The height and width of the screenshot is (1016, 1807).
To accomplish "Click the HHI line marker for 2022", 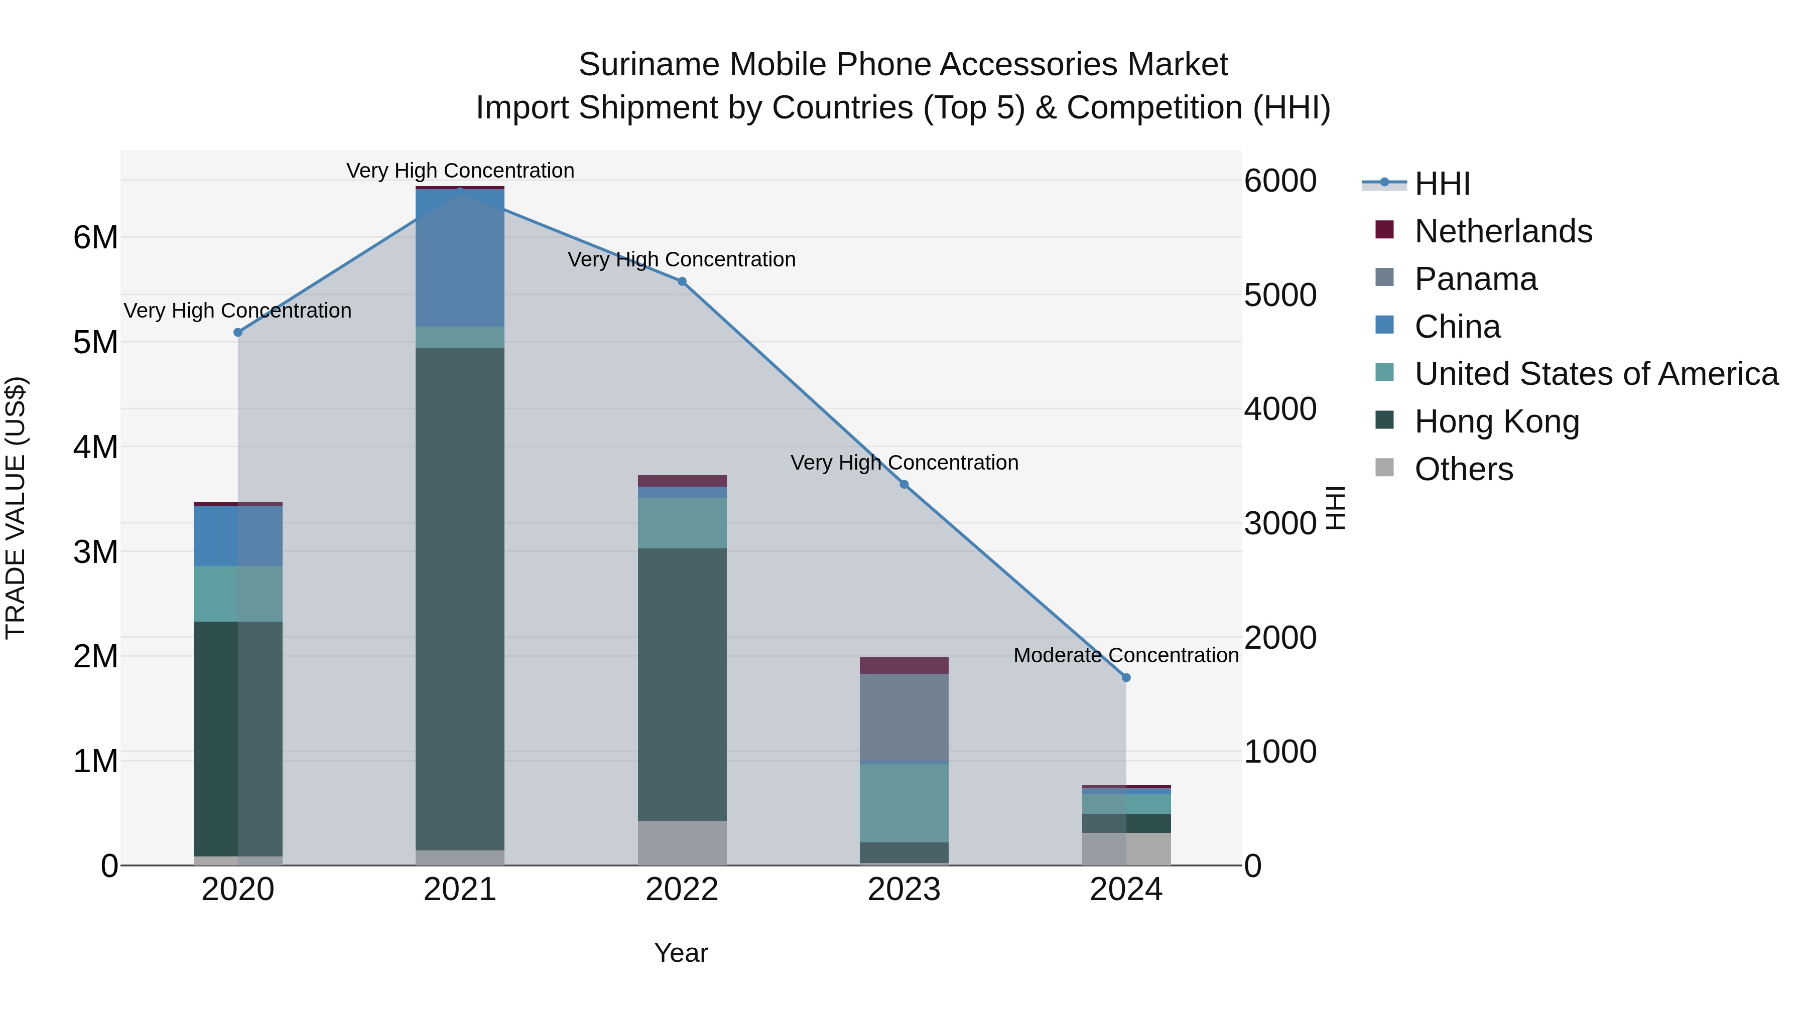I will click(682, 281).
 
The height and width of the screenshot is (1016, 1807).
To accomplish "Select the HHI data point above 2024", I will click(1126, 677).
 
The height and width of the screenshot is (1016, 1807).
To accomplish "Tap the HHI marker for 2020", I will click(238, 332).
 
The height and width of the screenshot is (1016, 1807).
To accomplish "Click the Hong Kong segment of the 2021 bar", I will click(459, 596).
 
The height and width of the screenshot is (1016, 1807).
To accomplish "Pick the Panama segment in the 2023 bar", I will click(903, 716).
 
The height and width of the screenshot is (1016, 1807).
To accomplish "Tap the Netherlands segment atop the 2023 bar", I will click(903, 665).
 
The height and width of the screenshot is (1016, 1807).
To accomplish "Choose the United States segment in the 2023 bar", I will click(903, 802).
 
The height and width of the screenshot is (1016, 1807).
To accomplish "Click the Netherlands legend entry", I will click(1502, 231).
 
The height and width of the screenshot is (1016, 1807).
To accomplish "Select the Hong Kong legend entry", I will click(1496, 421).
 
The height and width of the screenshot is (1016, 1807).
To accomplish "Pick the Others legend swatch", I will click(1384, 467).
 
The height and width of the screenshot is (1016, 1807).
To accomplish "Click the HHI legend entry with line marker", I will click(1442, 184).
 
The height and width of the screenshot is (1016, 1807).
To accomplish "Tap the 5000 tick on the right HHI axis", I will click(1279, 295).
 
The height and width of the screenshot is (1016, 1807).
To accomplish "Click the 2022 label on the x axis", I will click(682, 890).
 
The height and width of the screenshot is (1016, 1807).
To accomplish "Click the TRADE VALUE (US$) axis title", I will click(16, 508).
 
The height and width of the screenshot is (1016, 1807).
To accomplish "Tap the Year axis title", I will click(681, 953).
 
